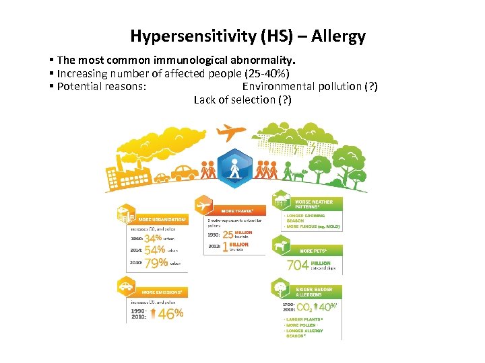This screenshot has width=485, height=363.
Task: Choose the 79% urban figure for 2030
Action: [156, 264]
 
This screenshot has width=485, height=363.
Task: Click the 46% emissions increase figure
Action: [170, 314]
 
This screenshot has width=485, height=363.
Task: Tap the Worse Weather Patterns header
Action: [313, 204]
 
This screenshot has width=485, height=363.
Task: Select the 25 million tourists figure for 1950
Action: [236, 235]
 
